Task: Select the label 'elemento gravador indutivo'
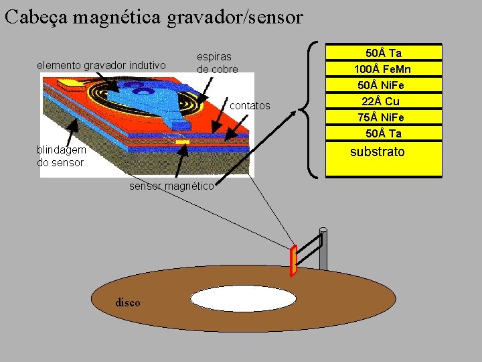(101, 65)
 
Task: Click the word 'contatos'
(250, 106)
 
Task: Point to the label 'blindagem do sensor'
(61, 156)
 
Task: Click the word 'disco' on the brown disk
(128, 302)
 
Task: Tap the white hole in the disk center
(243, 298)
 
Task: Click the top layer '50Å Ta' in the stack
(384, 52)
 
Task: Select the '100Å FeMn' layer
(384, 69)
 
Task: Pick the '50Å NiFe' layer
(384, 85)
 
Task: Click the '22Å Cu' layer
(384, 101)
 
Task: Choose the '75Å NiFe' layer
(384, 117)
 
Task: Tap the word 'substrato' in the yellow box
(378, 152)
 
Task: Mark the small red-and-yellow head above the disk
(293, 261)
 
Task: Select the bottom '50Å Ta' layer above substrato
(384, 133)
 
